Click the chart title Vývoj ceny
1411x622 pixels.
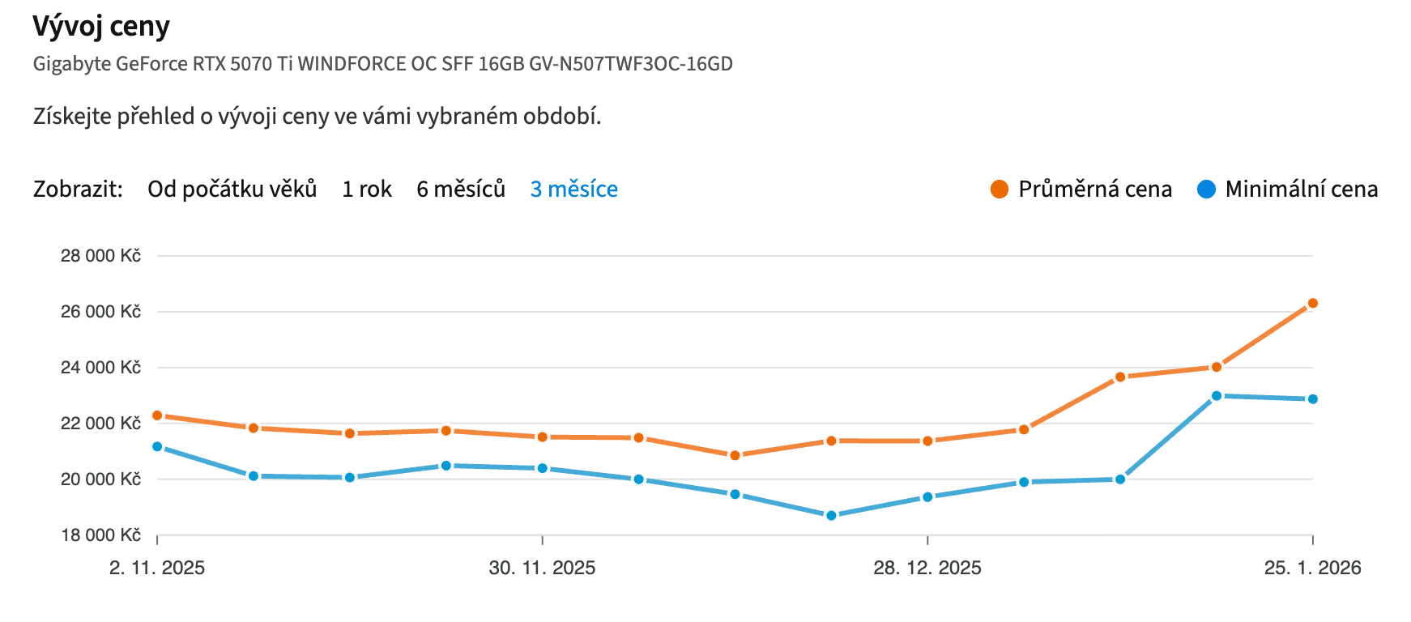pos(101,27)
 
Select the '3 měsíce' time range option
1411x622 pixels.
pos(573,189)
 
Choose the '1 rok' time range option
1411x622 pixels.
pos(366,189)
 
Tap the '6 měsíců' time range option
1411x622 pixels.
pos(460,189)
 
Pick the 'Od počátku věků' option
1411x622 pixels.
pos(232,189)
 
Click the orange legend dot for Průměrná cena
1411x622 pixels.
pos(1000,190)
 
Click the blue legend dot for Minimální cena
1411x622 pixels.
pos(1206,190)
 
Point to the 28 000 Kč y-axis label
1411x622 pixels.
pos(100,256)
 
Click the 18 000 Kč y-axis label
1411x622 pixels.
pos(100,535)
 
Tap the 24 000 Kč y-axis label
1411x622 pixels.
pos(100,368)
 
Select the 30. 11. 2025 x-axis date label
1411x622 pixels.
pos(542,568)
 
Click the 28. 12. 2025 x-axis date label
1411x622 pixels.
pos(927,568)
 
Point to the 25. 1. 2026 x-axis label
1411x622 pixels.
pos(1312,568)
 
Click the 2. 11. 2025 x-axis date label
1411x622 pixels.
pos(157,568)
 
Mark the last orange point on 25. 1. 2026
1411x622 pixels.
pos(1313,304)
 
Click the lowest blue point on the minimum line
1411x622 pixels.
pos(831,515)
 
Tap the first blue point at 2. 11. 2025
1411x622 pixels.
pos(157,446)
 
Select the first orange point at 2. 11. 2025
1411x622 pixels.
pos(157,415)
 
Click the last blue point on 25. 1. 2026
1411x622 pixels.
pos(1313,399)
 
